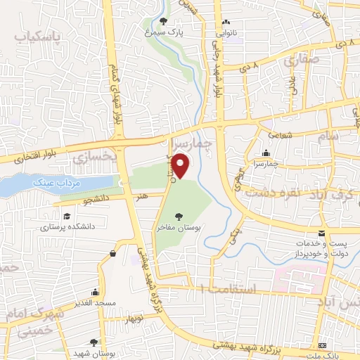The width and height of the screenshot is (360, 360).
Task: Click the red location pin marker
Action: [181, 166]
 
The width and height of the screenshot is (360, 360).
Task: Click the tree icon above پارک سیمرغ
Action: [164, 21]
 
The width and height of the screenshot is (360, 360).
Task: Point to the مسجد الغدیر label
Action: [94, 303]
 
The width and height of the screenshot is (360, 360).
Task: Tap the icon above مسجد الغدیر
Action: [94, 292]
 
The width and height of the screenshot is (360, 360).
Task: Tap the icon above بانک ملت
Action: [322, 346]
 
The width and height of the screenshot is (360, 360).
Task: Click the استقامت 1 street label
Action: [219, 288]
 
